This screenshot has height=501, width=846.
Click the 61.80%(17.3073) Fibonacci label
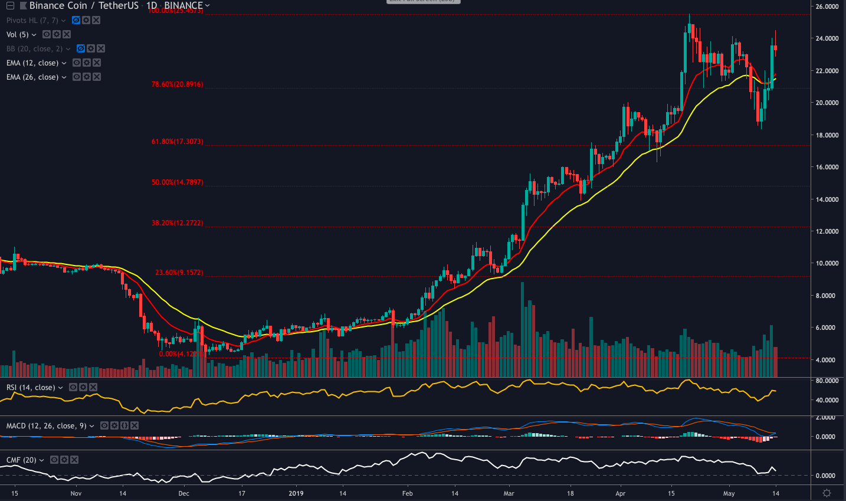point(177,142)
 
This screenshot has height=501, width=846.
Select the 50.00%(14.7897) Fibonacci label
point(177,182)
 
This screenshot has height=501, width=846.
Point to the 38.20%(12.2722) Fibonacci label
point(177,223)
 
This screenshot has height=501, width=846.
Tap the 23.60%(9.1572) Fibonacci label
point(179,273)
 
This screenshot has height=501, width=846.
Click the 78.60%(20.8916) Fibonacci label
point(177,84)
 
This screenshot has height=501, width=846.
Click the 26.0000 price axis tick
point(827,6)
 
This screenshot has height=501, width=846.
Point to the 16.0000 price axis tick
point(827,167)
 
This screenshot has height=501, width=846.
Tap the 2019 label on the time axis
point(296,493)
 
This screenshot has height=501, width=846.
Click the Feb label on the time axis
point(407,493)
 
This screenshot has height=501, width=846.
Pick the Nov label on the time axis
point(76,493)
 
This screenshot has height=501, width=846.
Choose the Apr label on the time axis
point(620,493)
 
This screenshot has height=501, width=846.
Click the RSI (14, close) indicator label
point(31,388)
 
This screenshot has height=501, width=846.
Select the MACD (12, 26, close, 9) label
point(47,425)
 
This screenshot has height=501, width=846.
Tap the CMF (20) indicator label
point(21,460)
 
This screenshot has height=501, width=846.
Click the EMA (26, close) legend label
point(32,77)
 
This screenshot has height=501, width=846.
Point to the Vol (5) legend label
point(18,35)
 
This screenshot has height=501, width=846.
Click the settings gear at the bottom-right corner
point(827,493)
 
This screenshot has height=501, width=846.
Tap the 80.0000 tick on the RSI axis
point(827,381)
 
